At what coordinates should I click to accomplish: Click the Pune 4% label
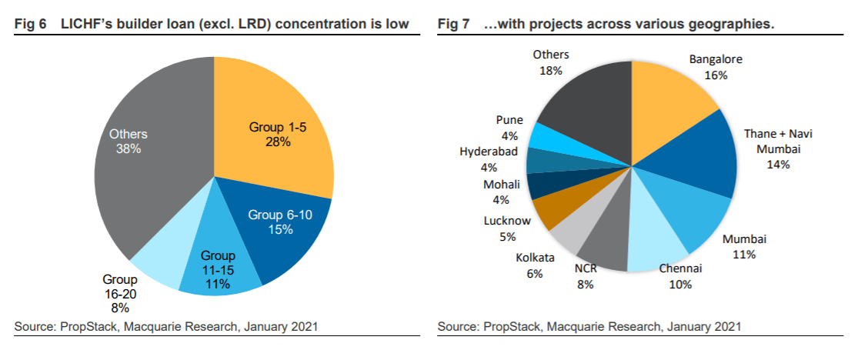click(509, 126)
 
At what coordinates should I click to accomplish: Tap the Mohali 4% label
click(502, 191)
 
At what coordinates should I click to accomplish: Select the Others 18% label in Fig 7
click(551, 62)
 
